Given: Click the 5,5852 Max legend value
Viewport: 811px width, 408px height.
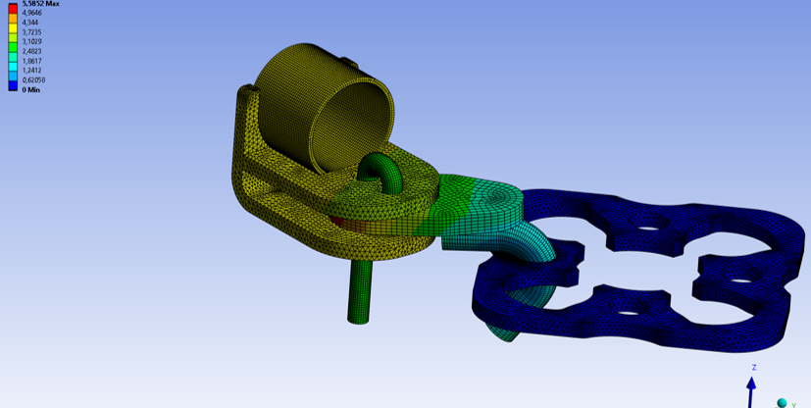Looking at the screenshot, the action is pos(40,3).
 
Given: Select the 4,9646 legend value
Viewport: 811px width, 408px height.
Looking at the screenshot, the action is pos(31,13).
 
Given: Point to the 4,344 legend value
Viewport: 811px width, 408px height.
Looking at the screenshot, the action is pos(29,23).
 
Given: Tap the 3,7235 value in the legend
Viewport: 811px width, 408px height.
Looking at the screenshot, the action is pos(31,31).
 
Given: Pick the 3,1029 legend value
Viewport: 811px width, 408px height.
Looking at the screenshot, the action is pos(31,41).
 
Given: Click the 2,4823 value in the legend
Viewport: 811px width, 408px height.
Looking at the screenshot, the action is pos(31,51).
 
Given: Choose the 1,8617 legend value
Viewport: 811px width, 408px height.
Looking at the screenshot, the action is pos(31,61).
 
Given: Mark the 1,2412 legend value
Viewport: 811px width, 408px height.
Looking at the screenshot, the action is pos(31,71).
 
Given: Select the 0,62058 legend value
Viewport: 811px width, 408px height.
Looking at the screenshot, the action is pos(33,80).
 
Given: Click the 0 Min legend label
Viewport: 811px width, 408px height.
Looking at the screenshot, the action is pos(30,90).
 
